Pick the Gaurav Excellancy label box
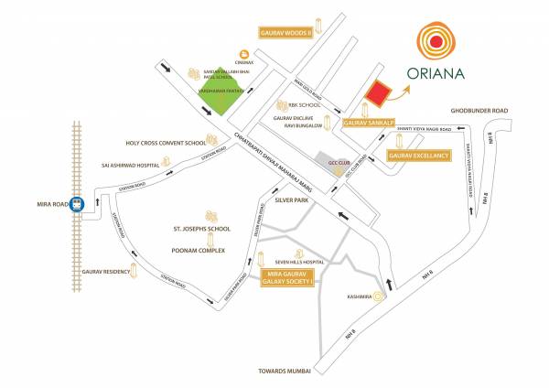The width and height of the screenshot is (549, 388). (421, 156)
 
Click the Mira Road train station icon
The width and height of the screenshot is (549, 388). (80, 204)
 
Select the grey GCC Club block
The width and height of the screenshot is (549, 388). (328, 162)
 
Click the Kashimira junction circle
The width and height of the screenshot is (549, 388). (379, 296)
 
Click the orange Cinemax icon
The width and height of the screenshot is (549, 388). (244, 54)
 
